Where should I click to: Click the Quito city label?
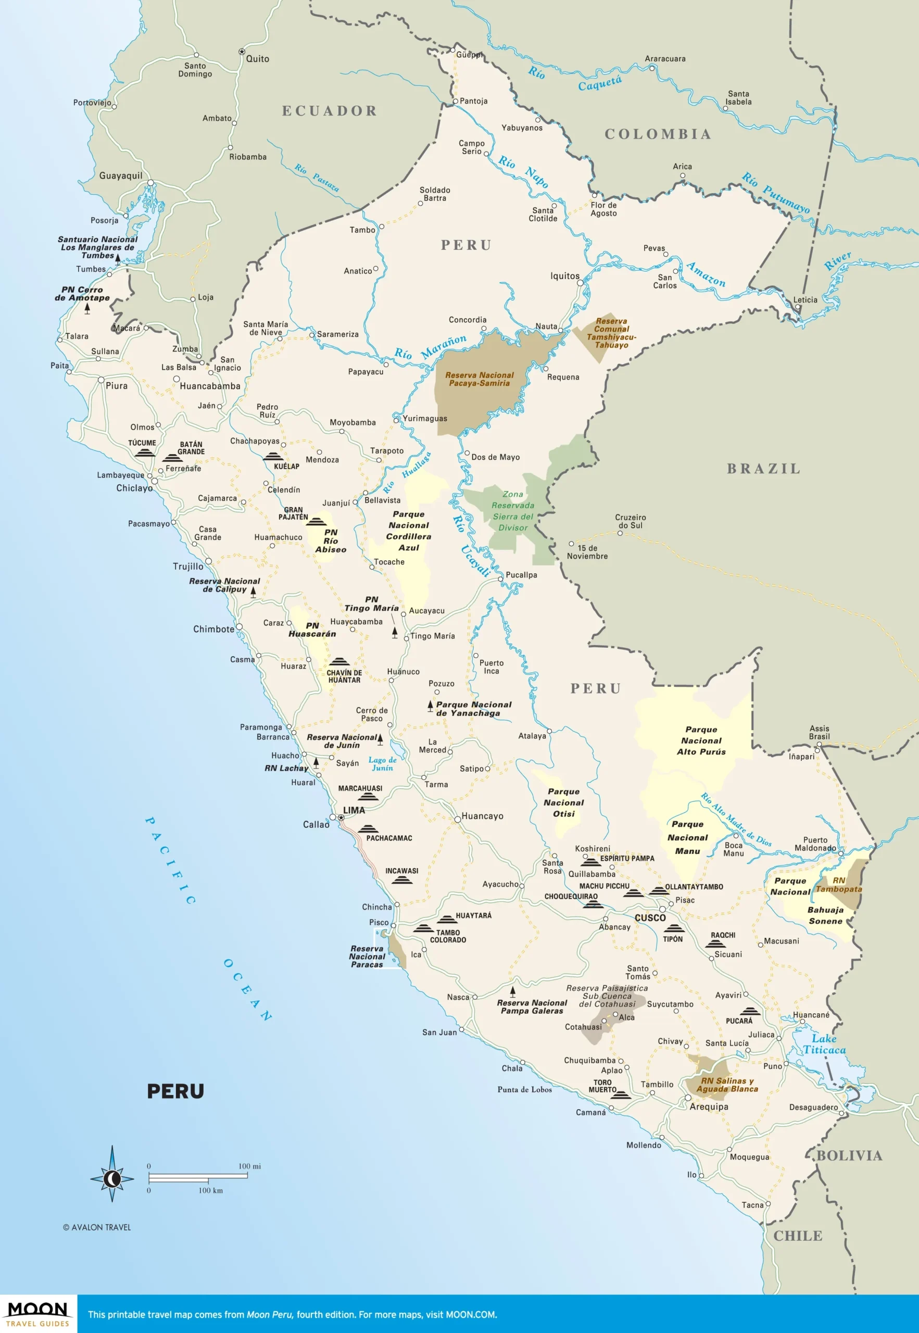[x=257, y=59]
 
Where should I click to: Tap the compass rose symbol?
[x=112, y=1178]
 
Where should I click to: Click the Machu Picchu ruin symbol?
[x=632, y=893]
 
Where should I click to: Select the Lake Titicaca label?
[x=825, y=1044]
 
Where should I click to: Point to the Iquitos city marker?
[x=581, y=283]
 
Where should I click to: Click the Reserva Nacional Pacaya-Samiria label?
[x=479, y=379]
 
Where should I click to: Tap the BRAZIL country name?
[x=763, y=469]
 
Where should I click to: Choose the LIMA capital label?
[x=354, y=810]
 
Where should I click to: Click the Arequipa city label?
[x=709, y=1106]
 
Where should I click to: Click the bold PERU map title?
[x=175, y=1091]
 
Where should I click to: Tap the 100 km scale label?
[x=210, y=1190]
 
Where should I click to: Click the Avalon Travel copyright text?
[x=97, y=1227]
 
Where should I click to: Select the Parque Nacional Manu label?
[x=687, y=837]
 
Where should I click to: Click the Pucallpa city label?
[x=521, y=575]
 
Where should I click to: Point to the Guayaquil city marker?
[x=150, y=183]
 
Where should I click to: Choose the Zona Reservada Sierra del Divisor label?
[x=512, y=511]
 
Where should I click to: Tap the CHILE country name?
[x=798, y=1236]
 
